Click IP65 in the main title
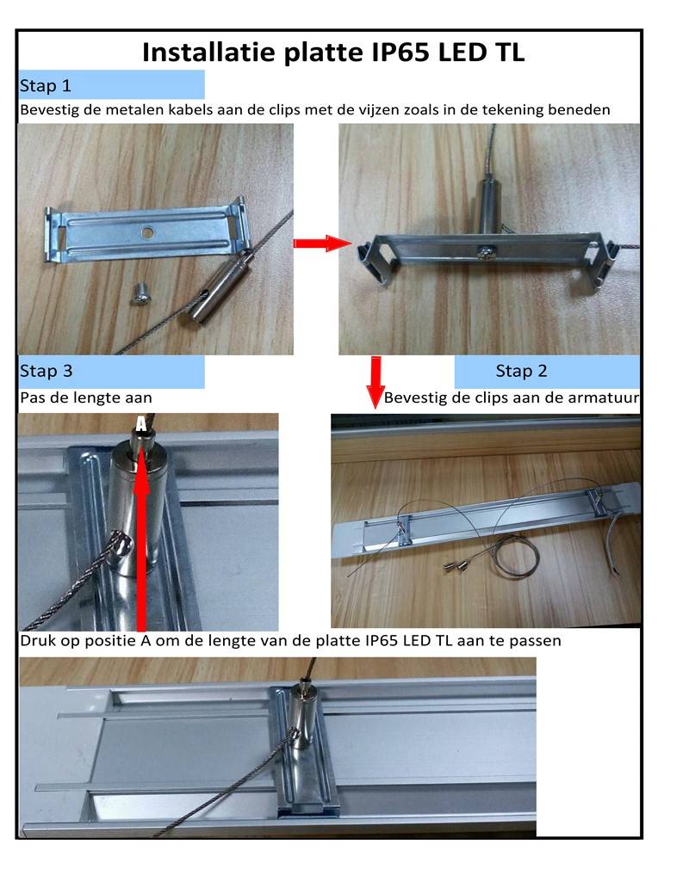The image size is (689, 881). (x=401, y=52)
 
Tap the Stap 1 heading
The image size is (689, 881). (x=46, y=86)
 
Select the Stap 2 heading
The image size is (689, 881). (x=521, y=371)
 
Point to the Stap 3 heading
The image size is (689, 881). (x=47, y=371)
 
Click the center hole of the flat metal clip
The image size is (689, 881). (x=147, y=231)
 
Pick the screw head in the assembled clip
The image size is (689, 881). (x=484, y=252)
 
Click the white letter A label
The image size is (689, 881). (x=141, y=423)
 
